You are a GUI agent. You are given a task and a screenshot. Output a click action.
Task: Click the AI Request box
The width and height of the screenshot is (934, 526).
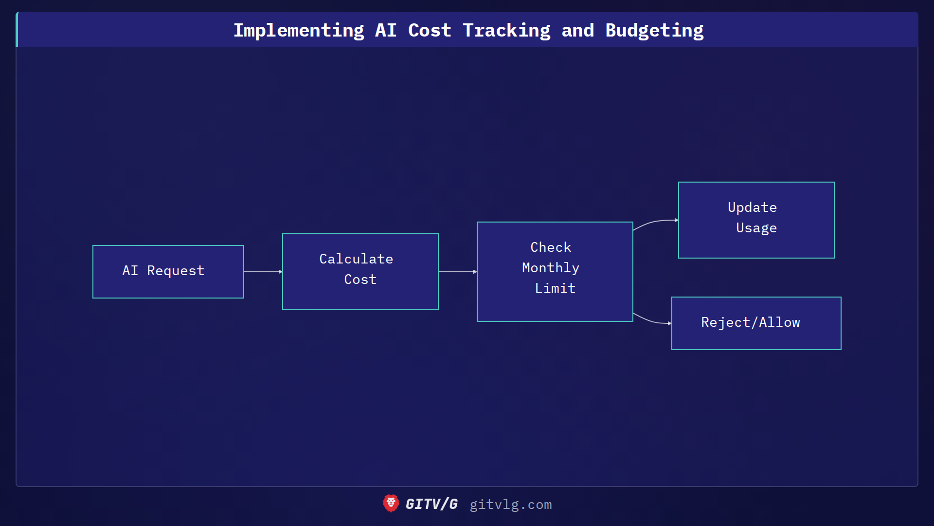(x=168, y=271)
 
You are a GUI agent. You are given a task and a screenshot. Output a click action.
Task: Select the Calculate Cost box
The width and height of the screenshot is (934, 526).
(x=360, y=271)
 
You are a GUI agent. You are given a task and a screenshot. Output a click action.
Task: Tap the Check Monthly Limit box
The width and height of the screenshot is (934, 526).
(x=555, y=271)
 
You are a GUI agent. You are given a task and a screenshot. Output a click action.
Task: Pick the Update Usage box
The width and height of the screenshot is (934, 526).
(x=756, y=220)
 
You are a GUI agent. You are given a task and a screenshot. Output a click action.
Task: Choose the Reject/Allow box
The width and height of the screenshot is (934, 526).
(x=756, y=323)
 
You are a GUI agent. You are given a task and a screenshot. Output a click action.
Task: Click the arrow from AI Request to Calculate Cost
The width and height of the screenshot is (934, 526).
(x=263, y=271)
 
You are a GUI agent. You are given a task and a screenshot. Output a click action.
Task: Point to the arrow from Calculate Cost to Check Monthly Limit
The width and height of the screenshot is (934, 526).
(x=457, y=271)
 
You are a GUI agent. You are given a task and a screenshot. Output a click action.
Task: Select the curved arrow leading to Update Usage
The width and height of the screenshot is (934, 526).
(x=655, y=222)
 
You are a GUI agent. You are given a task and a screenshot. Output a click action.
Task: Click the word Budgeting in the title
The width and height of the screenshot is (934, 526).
(x=654, y=30)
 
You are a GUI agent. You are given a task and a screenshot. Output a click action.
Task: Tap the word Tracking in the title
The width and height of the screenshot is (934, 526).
(x=506, y=30)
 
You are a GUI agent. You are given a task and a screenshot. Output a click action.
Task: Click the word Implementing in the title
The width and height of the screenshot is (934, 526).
(x=299, y=30)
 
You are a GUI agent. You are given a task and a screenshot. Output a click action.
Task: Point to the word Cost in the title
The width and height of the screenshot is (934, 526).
(x=430, y=30)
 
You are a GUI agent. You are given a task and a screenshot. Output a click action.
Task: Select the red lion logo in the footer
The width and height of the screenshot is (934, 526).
(x=391, y=504)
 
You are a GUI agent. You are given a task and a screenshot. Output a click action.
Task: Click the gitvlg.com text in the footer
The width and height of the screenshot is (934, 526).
(x=510, y=505)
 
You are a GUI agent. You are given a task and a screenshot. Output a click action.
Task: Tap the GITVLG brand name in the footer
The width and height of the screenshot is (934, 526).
(x=431, y=504)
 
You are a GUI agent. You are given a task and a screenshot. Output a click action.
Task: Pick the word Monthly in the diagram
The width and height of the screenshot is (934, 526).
(x=550, y=268)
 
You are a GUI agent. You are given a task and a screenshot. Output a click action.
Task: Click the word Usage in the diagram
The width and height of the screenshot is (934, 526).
(x=756, y=228)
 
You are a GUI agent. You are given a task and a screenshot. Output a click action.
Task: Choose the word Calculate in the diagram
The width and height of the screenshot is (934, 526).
(x=356, y=259)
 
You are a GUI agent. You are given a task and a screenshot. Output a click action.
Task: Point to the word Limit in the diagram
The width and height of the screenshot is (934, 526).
(x=555, y=288)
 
